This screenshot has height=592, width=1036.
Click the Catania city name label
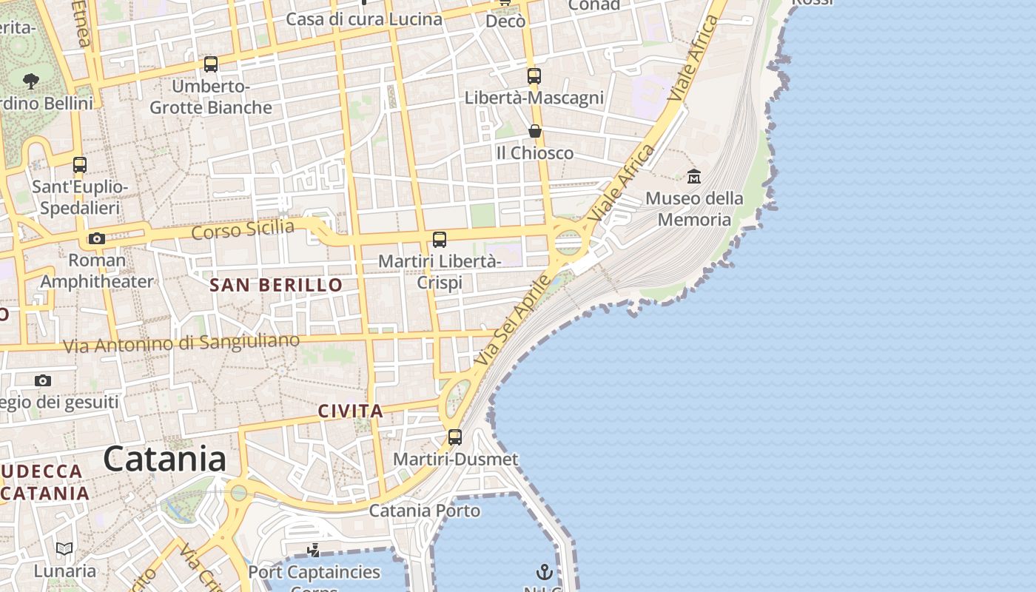point(164,459)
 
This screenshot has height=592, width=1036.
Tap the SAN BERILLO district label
point(276,285)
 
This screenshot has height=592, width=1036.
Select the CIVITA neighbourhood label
point(351,411)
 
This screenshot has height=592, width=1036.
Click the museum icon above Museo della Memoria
point(694,176)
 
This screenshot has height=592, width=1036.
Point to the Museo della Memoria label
point(694,209)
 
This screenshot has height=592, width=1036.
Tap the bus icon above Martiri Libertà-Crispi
point(440,239)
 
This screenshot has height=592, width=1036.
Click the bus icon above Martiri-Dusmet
point(455,437)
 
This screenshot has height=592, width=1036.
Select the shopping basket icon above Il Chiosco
point(535,131)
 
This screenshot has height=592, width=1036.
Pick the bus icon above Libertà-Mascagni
point(534,75)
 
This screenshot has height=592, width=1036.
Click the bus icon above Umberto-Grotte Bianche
point(211,64)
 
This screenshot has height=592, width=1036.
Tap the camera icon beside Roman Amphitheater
point(97,238)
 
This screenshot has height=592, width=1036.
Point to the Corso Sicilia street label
point(243,229)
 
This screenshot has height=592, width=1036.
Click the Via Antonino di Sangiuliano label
point(181,343)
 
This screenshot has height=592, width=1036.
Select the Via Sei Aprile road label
point(513,320)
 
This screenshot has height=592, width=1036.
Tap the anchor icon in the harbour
point(545,571)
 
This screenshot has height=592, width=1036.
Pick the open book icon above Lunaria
point(65,548)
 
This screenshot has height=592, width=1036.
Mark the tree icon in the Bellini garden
point(31,80)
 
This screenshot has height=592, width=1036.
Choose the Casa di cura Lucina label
point(364,19)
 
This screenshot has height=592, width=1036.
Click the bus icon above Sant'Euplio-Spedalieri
point(80,165)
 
